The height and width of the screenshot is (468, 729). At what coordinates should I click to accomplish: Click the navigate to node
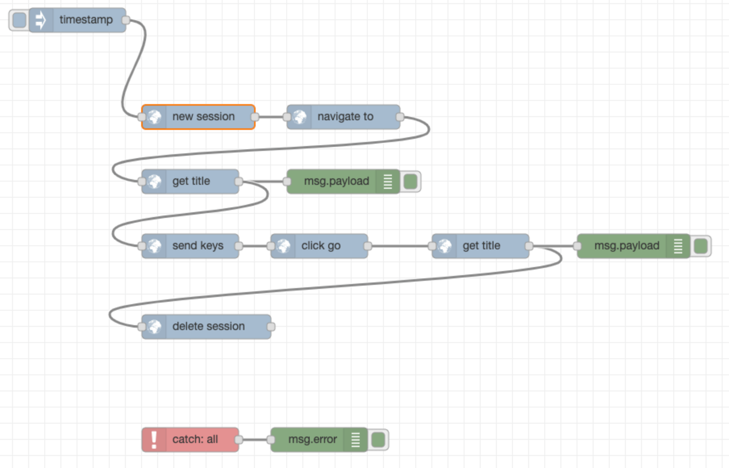[x=345, y=117]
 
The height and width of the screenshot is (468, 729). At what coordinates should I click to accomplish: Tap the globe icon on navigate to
[x=299, y=117]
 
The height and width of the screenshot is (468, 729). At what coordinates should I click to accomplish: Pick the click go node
[x=321, y=246]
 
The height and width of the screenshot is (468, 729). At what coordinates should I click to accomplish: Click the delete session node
[x=208, y=327]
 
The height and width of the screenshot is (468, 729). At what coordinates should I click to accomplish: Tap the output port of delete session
[x=271, y=327]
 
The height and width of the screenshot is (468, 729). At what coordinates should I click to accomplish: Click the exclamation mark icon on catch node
[x=154, y=440]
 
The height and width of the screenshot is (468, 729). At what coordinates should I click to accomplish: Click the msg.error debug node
[x=312, y=440]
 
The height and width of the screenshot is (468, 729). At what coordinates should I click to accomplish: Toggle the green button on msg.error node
[x=378, y=440]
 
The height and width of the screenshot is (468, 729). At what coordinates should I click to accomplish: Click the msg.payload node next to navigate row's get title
[x=336, y=182]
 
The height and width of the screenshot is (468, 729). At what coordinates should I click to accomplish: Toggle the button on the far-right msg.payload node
[x=701, y=246]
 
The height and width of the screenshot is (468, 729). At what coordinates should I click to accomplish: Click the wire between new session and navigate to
[x=271, y=117]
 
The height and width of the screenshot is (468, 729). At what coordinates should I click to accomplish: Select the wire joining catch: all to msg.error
[x=255, y=440]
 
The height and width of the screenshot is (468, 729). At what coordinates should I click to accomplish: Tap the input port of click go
[x=271, y=246]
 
